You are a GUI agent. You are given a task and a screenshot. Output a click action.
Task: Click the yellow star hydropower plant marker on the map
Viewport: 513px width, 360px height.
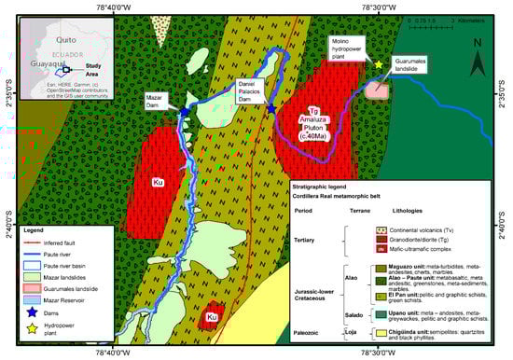pyautogui.click(x=379, y=64)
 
